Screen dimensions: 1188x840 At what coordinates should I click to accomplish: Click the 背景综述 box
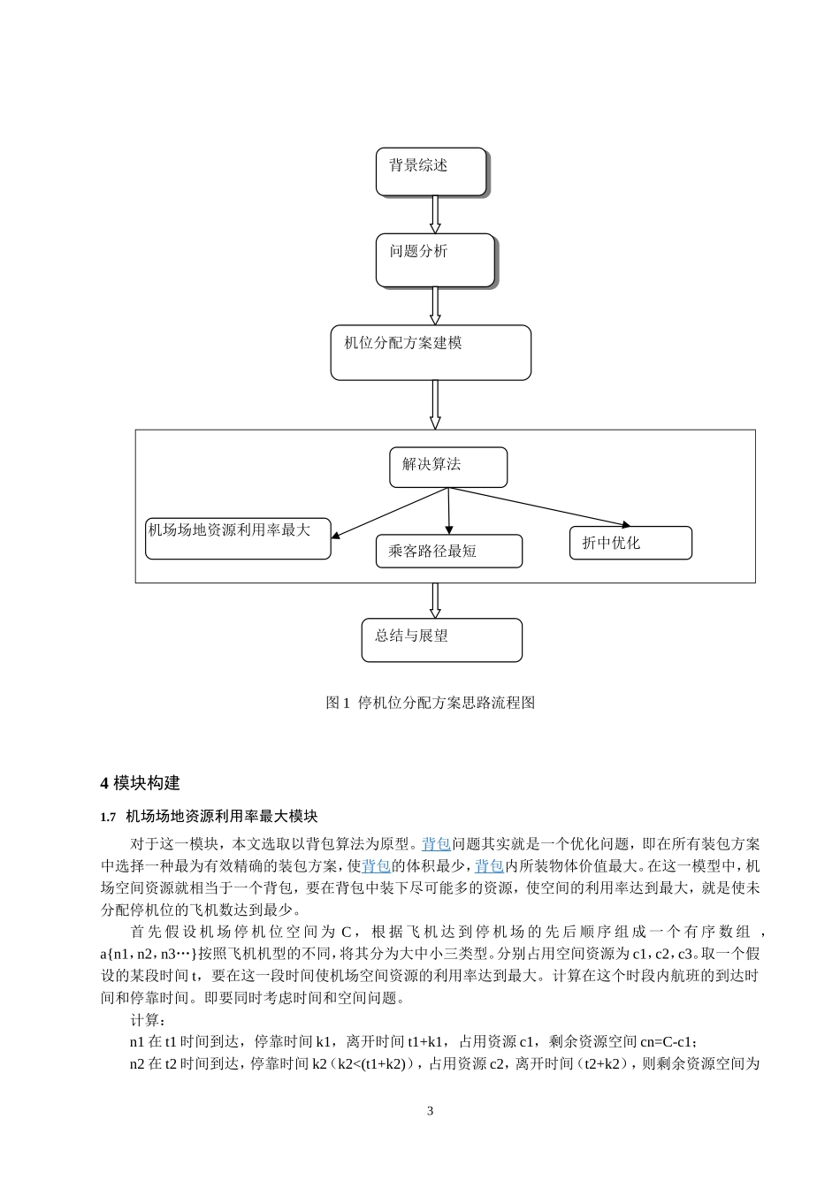(x=431, y=171)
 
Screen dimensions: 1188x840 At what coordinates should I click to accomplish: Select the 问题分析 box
(x=435, y=260)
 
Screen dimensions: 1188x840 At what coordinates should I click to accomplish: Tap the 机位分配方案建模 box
(x=431, y=352)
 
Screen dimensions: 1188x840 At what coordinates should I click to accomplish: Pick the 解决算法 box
(x=448, y=467)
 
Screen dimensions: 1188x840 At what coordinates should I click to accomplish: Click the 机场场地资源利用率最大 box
(x=238, y=538)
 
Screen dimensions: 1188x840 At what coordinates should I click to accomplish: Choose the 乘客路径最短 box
(x=448, y=551)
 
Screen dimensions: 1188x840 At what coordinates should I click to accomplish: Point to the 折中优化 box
(x=630, y=543)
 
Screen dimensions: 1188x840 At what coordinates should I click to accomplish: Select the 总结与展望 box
(x=441, y=640)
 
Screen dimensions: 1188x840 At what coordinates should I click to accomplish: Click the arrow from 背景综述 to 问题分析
(x=435, y=214)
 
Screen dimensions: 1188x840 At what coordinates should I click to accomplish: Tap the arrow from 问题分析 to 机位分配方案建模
(x=435, y=306)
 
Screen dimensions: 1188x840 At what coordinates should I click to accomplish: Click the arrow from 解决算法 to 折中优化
(x=539, y=506)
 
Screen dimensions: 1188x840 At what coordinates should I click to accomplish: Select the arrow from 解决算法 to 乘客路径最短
(x=449, y=510)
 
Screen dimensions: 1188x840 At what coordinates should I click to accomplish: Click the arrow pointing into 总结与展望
(x=435, y=600)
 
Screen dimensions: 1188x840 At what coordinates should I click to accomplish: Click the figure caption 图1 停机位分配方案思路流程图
(x=431, y=703)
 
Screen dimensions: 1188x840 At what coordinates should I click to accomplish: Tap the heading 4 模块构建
(x=141, y=783)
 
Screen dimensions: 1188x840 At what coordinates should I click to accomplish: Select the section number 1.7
(x=109, y=817)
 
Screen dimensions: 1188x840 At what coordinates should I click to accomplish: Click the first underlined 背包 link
(x=437, y=844)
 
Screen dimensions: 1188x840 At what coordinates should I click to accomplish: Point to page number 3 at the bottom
(x=431, y=1111)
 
